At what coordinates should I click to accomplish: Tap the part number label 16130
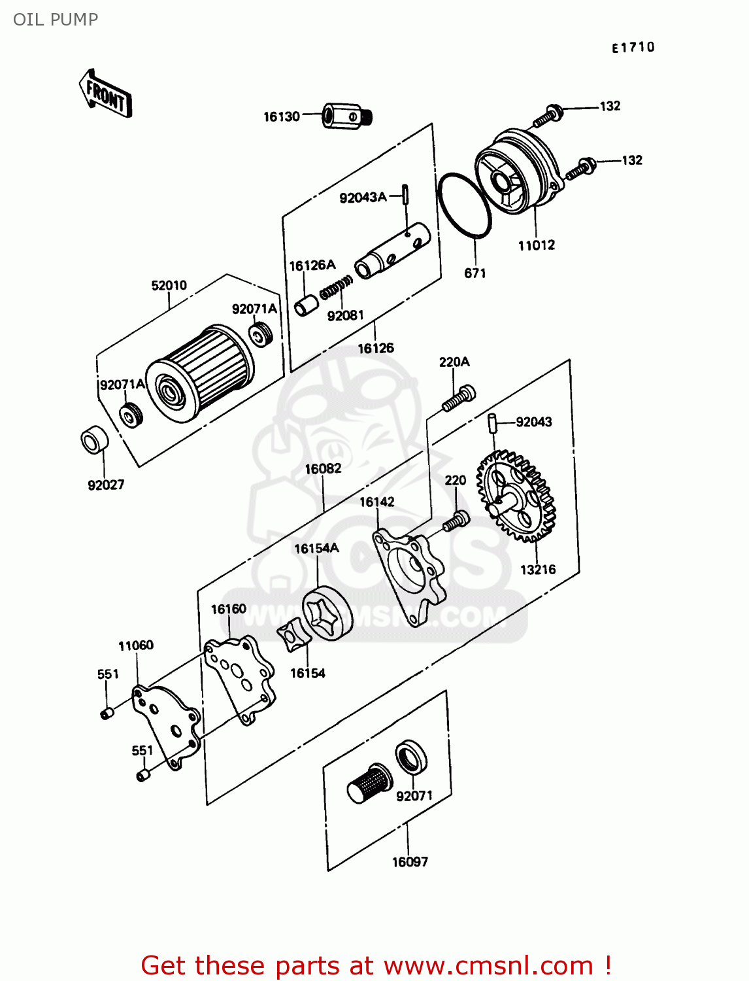[x=281, y=117]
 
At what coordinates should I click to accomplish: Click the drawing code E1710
[x=633, y=47]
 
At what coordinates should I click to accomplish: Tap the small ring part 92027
[x=94, y=441]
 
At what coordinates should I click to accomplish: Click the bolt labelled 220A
[x=459, y=398]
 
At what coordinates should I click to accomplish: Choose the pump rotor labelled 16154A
[x=327, y=614]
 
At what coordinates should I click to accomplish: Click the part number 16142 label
[x=377, y=502]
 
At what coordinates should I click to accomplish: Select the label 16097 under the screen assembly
[x=410, y=862]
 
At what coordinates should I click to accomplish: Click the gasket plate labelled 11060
[x=167, y=723]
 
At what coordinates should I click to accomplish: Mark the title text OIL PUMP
[x=56, y=20]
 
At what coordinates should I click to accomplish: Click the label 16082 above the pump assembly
[x=323, y=469]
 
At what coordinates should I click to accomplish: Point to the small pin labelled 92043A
[x=406, y=194]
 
